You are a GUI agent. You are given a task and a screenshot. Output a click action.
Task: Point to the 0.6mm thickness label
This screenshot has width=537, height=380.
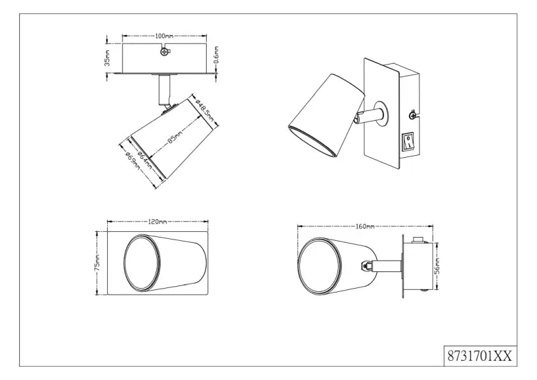coord(217,58)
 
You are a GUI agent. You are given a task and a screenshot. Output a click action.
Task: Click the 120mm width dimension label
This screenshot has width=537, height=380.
coord(158,222)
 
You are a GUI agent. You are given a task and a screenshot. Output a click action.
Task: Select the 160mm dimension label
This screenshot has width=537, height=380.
coord(365,227)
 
